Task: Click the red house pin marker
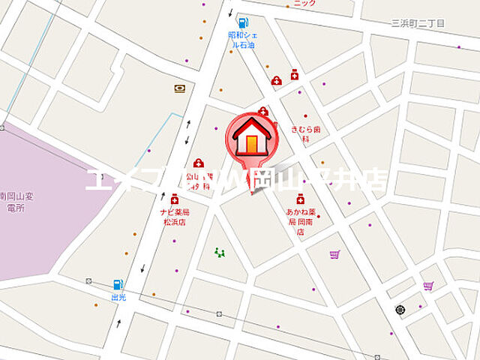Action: point(251,139)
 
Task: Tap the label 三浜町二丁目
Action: point(418,23)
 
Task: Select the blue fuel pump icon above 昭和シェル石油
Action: point(242,22)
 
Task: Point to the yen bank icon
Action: point(180,88)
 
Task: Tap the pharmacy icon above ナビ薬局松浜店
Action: point(174,199)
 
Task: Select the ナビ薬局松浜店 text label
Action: point(172,217)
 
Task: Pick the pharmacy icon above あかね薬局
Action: point(300,199)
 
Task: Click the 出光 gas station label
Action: point(118,297)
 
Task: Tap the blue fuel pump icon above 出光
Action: point(117,284)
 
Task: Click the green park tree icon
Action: point(220,253)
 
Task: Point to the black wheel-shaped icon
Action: point(400,309)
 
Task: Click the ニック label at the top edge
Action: point(305,4)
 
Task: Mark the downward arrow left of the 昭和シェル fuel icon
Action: point(230,13)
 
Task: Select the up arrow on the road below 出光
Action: point(118,324)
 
